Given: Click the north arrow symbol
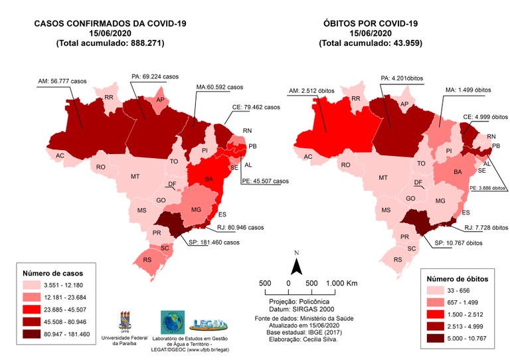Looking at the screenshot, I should (x=298, y=264).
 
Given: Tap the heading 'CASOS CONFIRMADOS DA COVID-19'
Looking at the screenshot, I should (x=110, y=24).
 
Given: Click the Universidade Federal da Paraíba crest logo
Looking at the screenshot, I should (x=125, y=321).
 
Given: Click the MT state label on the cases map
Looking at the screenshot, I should (x=135, y=177).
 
